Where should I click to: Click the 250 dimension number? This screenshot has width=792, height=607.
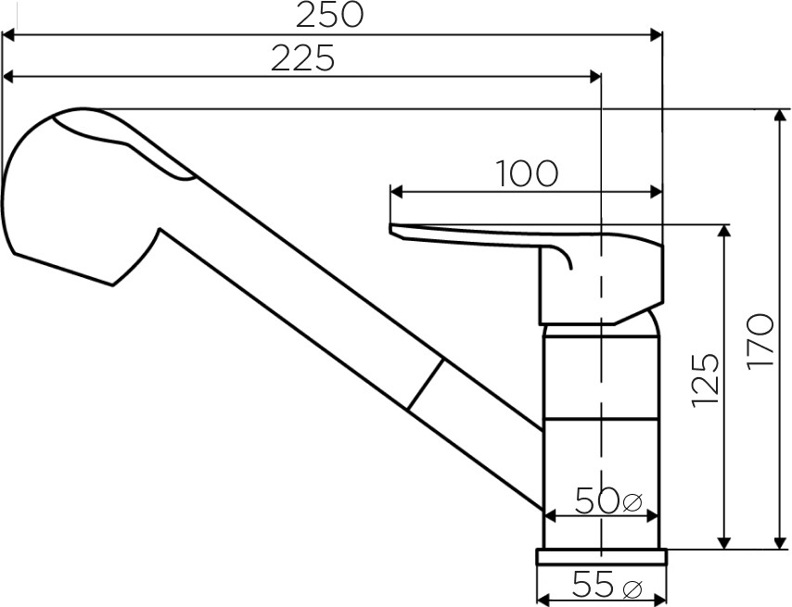coord(329,15)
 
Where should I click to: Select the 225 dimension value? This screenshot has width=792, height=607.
coord(302,57)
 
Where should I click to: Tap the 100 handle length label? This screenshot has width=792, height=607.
coord(527,173)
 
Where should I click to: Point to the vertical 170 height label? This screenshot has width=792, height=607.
coord(760,341)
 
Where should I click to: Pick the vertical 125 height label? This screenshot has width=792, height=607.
coord(705,379)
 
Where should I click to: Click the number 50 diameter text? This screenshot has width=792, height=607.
coord(596,500)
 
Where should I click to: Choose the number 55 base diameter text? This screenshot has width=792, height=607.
coord(593,585)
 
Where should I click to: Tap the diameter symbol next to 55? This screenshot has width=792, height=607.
coord(632,588)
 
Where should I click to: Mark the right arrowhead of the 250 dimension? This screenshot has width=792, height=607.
coord(656,35)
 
